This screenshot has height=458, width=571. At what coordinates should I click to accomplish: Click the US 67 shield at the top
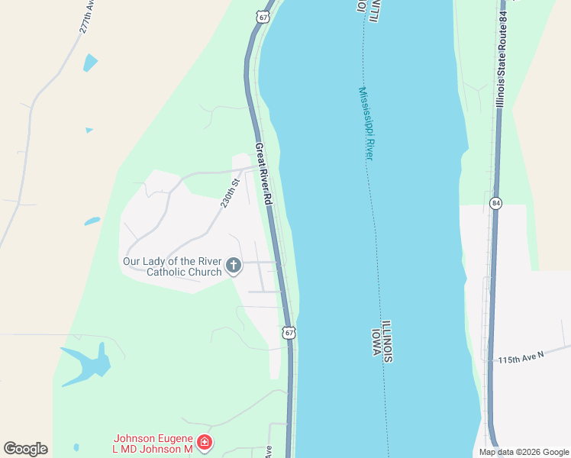pos(263,16)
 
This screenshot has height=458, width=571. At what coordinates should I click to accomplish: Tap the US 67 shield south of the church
pos(288,333)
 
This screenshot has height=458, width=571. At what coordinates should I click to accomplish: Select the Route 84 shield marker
pos(495,203)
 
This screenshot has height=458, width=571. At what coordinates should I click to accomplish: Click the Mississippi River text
pos(366,123)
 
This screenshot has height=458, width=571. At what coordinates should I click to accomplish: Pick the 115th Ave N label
pos(521,356)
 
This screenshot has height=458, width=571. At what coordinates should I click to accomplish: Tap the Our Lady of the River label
pos(173,261)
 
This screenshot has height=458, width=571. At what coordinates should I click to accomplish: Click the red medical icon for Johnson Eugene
pos(204,442)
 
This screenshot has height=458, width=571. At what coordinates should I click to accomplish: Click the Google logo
pos(26,449)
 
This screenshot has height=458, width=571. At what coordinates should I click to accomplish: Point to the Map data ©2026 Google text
pos(524,452)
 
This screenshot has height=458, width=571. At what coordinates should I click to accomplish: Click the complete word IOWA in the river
pos(376,343)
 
